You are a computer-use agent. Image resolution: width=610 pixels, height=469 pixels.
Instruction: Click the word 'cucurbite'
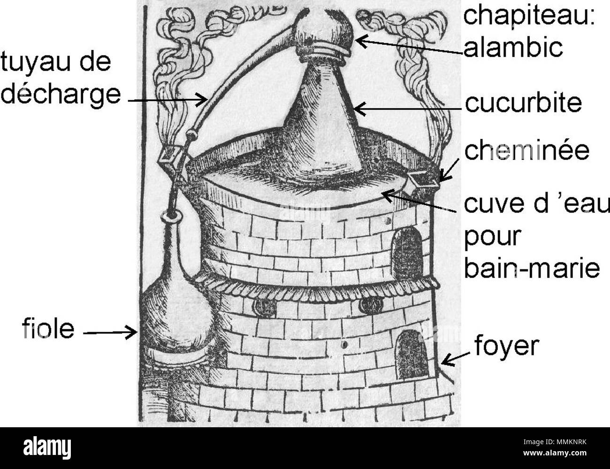point(523,104)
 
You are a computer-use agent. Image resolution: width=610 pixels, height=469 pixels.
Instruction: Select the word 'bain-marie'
point(532,269)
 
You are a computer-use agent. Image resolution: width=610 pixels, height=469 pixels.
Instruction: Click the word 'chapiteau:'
point(529,17)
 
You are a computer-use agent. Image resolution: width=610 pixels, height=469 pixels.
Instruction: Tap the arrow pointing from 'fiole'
point(110,333)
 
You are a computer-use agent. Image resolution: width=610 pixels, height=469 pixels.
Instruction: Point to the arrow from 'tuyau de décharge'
point(168,100)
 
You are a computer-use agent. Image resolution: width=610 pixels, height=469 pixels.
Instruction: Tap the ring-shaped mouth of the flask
point(170,216)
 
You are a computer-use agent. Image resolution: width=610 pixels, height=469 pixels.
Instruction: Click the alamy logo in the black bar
point(47,447)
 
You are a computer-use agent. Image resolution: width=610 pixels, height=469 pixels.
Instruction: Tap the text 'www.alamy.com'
point(555,453)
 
